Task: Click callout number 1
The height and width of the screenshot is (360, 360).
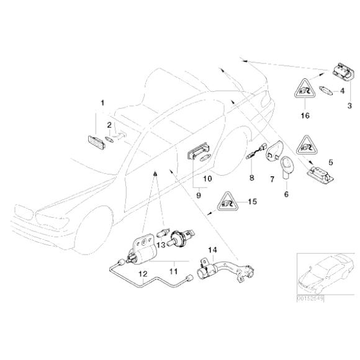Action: coord(103,101)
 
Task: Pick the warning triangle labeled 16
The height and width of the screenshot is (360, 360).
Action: coord(305,94)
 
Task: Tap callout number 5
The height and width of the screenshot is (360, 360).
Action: coord(330,163)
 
